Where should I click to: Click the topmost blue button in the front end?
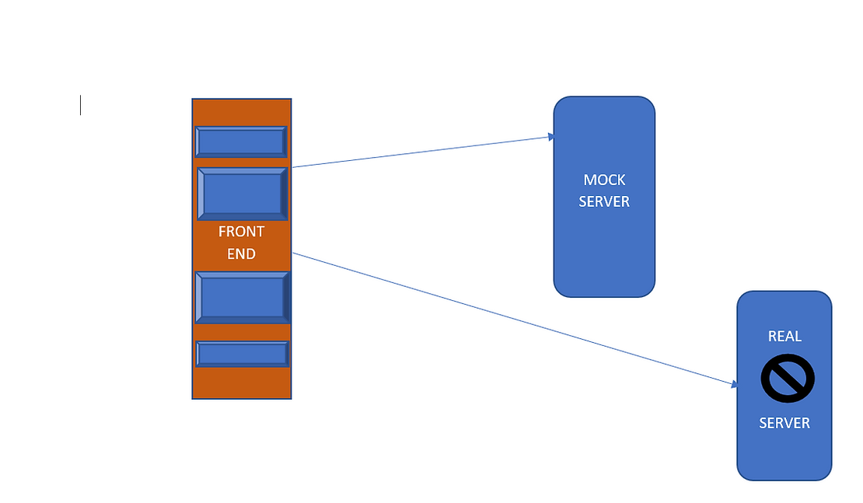point(241,142)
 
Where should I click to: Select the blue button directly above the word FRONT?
point(242,194)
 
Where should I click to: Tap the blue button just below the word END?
point(242,297)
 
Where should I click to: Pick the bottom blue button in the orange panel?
point(242,354)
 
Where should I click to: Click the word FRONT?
point(241,232)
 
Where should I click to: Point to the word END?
point(241,253)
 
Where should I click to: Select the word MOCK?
point(604,180)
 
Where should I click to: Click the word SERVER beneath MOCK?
point(604,201)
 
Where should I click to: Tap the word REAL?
point(784,337)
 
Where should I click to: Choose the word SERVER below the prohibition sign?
point(784,423)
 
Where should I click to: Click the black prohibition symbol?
point(787,379)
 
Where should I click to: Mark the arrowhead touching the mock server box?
point(551,137)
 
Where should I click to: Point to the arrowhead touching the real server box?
point(733,384)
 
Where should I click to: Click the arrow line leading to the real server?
point(513,318)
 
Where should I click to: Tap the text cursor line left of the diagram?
point(81,105)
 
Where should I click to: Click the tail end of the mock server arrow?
point(294,166)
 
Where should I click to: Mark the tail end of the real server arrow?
point(294,253)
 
